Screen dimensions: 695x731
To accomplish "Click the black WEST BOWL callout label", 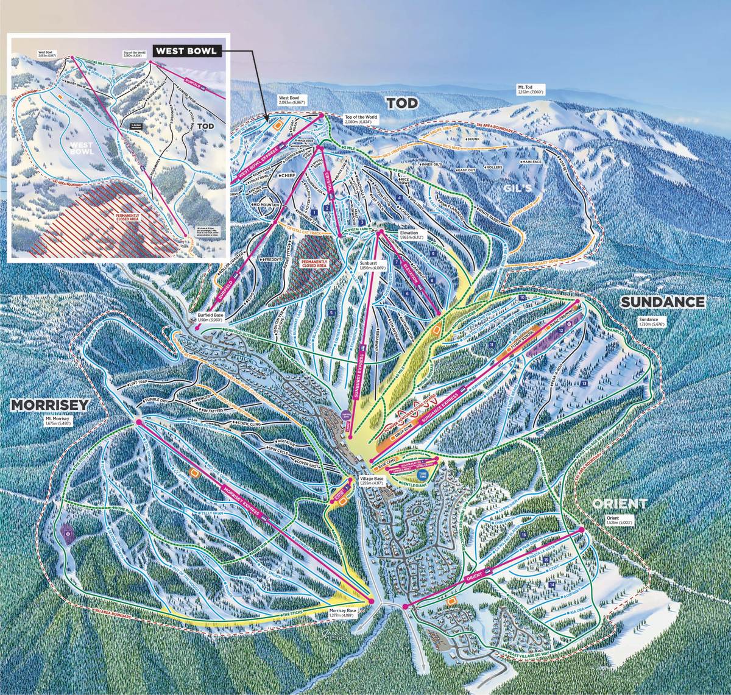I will click(186, 51).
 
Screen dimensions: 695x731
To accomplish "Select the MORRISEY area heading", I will click(49, 404).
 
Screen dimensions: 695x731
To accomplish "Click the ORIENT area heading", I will click(620, 503).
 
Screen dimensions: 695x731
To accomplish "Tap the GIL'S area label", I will click(518, 189).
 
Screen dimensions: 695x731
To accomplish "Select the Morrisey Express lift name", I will click(244, 501).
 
